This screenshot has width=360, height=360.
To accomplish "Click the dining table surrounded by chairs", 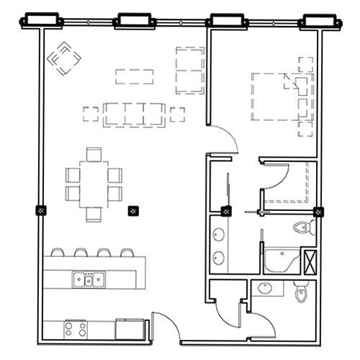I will tap(93, 184).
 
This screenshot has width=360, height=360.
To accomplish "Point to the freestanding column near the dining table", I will tap(132, 211).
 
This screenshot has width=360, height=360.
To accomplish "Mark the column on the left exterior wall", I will tap(41, 211).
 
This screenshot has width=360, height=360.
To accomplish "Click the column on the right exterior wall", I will tap(318, 212).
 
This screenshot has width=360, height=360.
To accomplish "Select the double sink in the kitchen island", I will tap(87, 279).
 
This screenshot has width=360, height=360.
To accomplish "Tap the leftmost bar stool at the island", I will tap(57, 252).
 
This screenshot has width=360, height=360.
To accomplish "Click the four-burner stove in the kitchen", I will tap(76, 329).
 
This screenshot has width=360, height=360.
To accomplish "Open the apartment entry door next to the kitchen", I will tap(166, 325).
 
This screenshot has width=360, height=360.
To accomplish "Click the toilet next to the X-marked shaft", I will tap(303, 228).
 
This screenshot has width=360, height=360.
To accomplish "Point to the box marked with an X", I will tap(310, 259).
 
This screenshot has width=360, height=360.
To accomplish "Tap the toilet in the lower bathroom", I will tap(302, 292).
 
